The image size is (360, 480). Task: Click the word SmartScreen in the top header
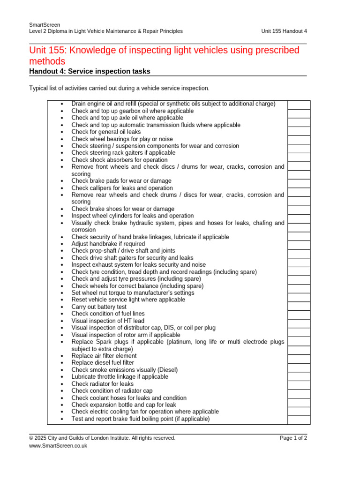pos(41,24)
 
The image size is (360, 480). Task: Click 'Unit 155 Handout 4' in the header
pos(284,31)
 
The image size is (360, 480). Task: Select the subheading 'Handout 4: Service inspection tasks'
pos(90,71)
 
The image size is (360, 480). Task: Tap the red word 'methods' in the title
pos(47,61)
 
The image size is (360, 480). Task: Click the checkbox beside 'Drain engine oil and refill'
pos(299,105)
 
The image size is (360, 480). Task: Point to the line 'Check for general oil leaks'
pos(106,132)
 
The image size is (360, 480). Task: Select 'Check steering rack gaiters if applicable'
pos(123,153)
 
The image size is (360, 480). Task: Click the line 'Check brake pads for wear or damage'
pos(121,181)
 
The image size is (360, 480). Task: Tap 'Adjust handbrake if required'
pos(108,244)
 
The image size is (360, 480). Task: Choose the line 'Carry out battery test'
pos(99,307)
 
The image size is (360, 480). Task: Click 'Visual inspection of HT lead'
pos(108,321)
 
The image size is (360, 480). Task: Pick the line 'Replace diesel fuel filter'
pos(103,363)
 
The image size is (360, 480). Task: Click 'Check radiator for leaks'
pos(102,384)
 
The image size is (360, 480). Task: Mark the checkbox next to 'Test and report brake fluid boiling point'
pos(299,420)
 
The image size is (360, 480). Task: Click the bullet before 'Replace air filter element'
pos(62,356)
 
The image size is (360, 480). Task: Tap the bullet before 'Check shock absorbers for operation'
pos(62,160)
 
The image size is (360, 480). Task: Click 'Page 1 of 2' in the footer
pos(293,438)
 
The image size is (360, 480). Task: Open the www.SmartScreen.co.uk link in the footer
pos(58,446)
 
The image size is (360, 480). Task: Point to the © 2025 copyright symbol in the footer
pos(31,438)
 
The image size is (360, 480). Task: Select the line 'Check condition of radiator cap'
pos(112,391)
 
